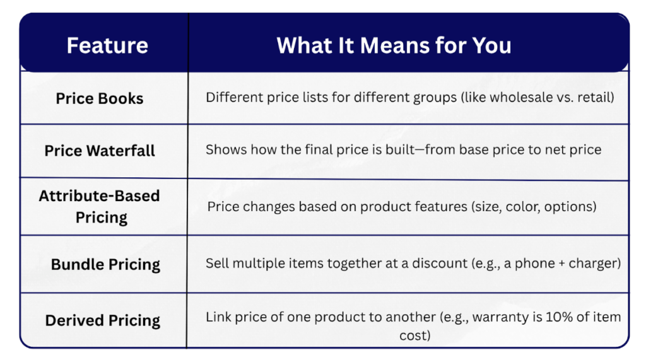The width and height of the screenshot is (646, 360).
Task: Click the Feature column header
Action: (107, 45)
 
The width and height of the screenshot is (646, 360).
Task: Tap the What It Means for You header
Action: (394, 45)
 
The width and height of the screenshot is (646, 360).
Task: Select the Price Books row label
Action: (100, 98)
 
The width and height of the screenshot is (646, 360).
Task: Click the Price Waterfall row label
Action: (100, 151)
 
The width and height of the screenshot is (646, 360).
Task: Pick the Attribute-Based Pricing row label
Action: (100, 206)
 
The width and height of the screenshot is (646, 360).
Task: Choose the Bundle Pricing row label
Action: (105, 264)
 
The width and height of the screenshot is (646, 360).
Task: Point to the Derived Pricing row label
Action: (103, 320)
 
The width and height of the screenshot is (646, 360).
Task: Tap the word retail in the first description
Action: (594, 97)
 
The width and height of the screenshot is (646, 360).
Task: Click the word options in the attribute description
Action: (568, 207)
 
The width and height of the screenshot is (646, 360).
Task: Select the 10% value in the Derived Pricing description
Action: (559, 316)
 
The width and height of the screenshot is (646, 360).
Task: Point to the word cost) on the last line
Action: (415, 335)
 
